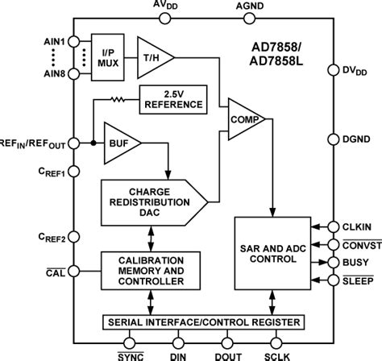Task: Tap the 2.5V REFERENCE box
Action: [x=172, y=100]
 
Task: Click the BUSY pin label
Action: [x=355, y=262]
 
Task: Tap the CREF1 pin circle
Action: [x=73, y=171]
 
